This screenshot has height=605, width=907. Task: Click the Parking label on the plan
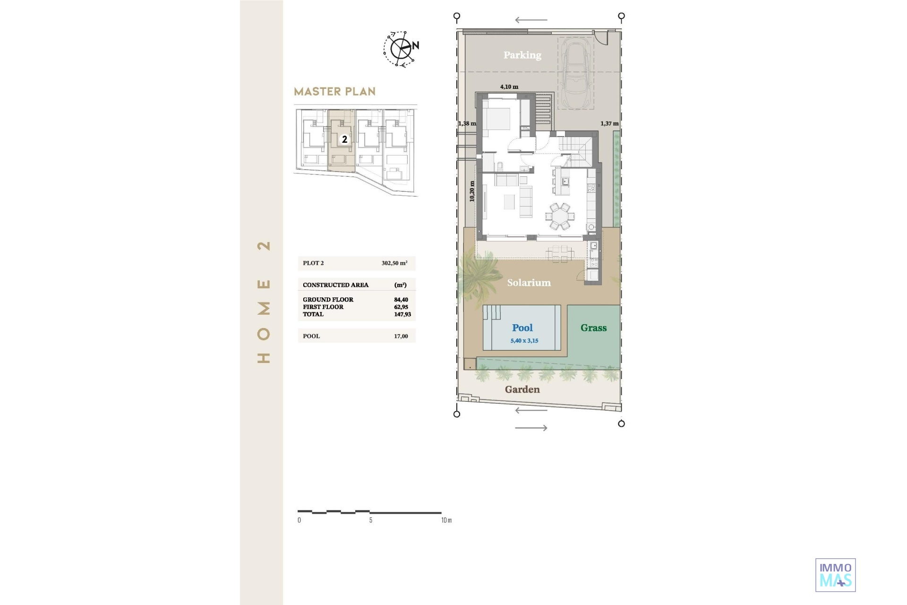(x=522, y=55)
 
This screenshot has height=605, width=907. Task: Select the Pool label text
(x=522, y=328)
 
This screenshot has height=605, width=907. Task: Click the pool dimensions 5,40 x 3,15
(x=524, y=341)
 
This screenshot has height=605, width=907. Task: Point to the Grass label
(x=594, y=328)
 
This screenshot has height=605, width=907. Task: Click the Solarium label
(x=529, y=283)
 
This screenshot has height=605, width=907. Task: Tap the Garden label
(x=522, y=389)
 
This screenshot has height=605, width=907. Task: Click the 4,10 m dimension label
(x=509, y=87)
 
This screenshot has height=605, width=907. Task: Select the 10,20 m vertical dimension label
(x=472, y=191)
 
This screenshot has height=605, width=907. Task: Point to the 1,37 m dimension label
(x=609, y=124)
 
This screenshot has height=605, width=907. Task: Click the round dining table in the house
(x=560, y=216)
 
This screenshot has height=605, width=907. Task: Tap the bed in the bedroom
(x=496, y=118)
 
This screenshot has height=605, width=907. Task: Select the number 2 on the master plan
(x=345, y=139)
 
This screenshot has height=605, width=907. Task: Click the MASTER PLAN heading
(x=335, y=92)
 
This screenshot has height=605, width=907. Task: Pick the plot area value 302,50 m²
(x=394, y=263)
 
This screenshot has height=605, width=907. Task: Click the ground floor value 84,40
(x=401, y=300)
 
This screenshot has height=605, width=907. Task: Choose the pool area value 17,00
(x=401, y=337)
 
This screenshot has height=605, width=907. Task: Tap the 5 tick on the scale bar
(x=371, y=520)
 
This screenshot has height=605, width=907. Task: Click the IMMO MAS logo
(x=836, y=575)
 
